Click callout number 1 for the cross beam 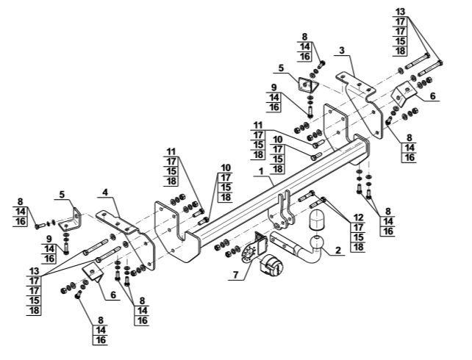click(x=261, y=171)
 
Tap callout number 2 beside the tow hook click(x=337, y=250)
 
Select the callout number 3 click(x=341, y=50)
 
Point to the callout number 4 click(x=104, y=192)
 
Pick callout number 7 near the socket click(x=235, y=275)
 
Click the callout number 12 click(x=359, y=217)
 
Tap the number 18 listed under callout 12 click(x=359, y=247)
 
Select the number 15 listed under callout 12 click(x=359, y=237)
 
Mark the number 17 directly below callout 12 click(x=359, y=227)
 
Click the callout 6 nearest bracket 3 click(x=432, y=96)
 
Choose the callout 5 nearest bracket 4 click(x=62, y=194)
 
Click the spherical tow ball click(x=315, y=242)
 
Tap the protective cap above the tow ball click(x=316, y=220)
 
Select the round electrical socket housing click(x=273, y=264)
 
